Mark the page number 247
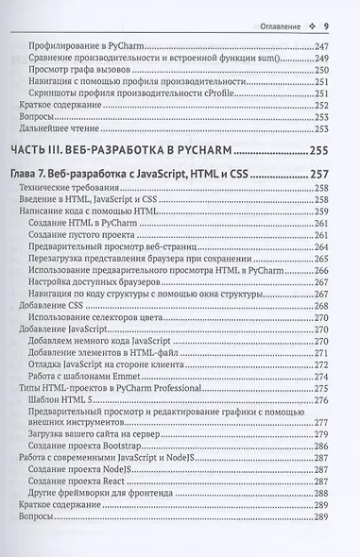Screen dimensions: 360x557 (x=333, y=44)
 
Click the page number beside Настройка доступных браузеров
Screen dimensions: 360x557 (x=333, y=280)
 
